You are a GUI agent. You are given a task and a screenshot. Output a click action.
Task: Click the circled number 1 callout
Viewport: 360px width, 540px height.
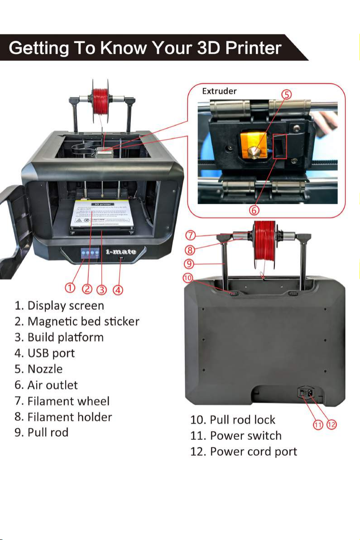pos(69,288)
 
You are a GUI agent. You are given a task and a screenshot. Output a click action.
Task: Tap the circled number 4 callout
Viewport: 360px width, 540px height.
pos(119,289)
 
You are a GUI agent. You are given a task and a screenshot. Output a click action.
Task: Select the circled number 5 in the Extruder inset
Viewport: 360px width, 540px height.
pos(286,95)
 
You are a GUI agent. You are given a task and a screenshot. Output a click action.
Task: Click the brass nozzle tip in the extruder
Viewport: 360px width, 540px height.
pos(257,152)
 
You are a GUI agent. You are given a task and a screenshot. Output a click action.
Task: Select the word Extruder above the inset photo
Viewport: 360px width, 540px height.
pos(219,91)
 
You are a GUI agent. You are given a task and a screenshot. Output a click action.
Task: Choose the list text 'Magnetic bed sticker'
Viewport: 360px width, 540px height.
pos(83,322)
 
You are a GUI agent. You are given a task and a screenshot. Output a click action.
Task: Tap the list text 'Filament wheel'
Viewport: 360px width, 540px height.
pos(68,401)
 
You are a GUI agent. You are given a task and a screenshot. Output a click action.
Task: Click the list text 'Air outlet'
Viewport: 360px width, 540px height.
pos(52,385)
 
